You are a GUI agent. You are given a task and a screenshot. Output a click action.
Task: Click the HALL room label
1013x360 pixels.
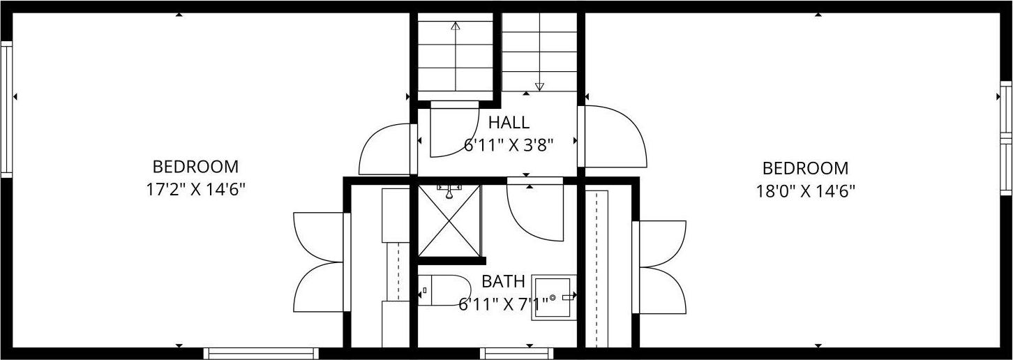[x=509, y=123]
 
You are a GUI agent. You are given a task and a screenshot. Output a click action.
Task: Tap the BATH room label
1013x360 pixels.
[x=503, y=282]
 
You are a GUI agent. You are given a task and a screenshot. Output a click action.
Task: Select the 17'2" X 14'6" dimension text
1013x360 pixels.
[x=195, y=190]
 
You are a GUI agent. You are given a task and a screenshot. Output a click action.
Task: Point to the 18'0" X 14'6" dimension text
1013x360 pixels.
[x=806, y=191]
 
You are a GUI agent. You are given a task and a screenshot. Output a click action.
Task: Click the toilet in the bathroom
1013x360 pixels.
[x=444, y=290]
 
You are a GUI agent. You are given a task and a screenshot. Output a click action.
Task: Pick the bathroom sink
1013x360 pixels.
[x=554, y=297]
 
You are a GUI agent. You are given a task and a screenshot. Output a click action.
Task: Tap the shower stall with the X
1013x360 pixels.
[x=449, y=220]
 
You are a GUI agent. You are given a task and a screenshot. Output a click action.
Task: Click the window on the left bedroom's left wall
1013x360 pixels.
[x=6, y=110]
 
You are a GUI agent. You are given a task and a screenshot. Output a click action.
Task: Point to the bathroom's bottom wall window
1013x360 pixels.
[x=517, y=354]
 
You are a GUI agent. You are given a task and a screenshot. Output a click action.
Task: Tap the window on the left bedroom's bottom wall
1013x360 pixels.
[x=261, y=354]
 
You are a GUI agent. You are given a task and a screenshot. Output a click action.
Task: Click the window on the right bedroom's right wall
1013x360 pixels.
[x=1006, y=138]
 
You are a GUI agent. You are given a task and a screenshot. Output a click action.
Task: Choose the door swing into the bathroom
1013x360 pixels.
[x=535, y=209]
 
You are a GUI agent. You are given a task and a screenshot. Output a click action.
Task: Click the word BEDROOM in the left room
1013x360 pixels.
[x=195, y=167]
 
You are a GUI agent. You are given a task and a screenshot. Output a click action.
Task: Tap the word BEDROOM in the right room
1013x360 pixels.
[x=805, y=169]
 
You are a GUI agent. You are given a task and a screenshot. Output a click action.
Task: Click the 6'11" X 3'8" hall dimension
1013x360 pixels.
[x=509, y=145]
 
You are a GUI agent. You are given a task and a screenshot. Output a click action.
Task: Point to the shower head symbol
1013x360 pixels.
[x=449, y=191]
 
